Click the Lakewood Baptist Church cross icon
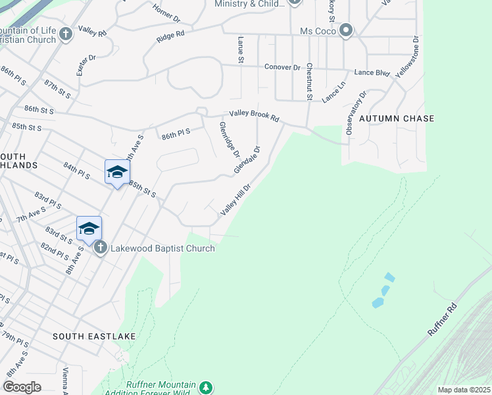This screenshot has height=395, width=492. click(100, 248)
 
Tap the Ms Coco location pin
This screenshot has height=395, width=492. click(346, 31)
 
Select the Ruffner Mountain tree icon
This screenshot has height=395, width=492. click(207, 386)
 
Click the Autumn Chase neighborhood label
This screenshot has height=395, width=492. click(397, 118)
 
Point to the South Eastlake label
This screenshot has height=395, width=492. click(94, 336)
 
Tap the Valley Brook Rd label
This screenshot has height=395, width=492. click(254, 117)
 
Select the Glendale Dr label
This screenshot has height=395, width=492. click(248, 160)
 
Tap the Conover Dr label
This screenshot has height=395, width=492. click(282, 67)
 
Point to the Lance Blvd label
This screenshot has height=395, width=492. click(372, 72)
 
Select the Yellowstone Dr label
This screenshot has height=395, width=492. click(408, 58)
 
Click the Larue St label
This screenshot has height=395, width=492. click(241, 51)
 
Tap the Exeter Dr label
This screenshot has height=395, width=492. click(86, 65)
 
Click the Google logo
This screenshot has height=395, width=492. click(22, 387)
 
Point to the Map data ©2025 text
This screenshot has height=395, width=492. click(463, 390)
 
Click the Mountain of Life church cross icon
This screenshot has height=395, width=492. click(65, 34)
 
